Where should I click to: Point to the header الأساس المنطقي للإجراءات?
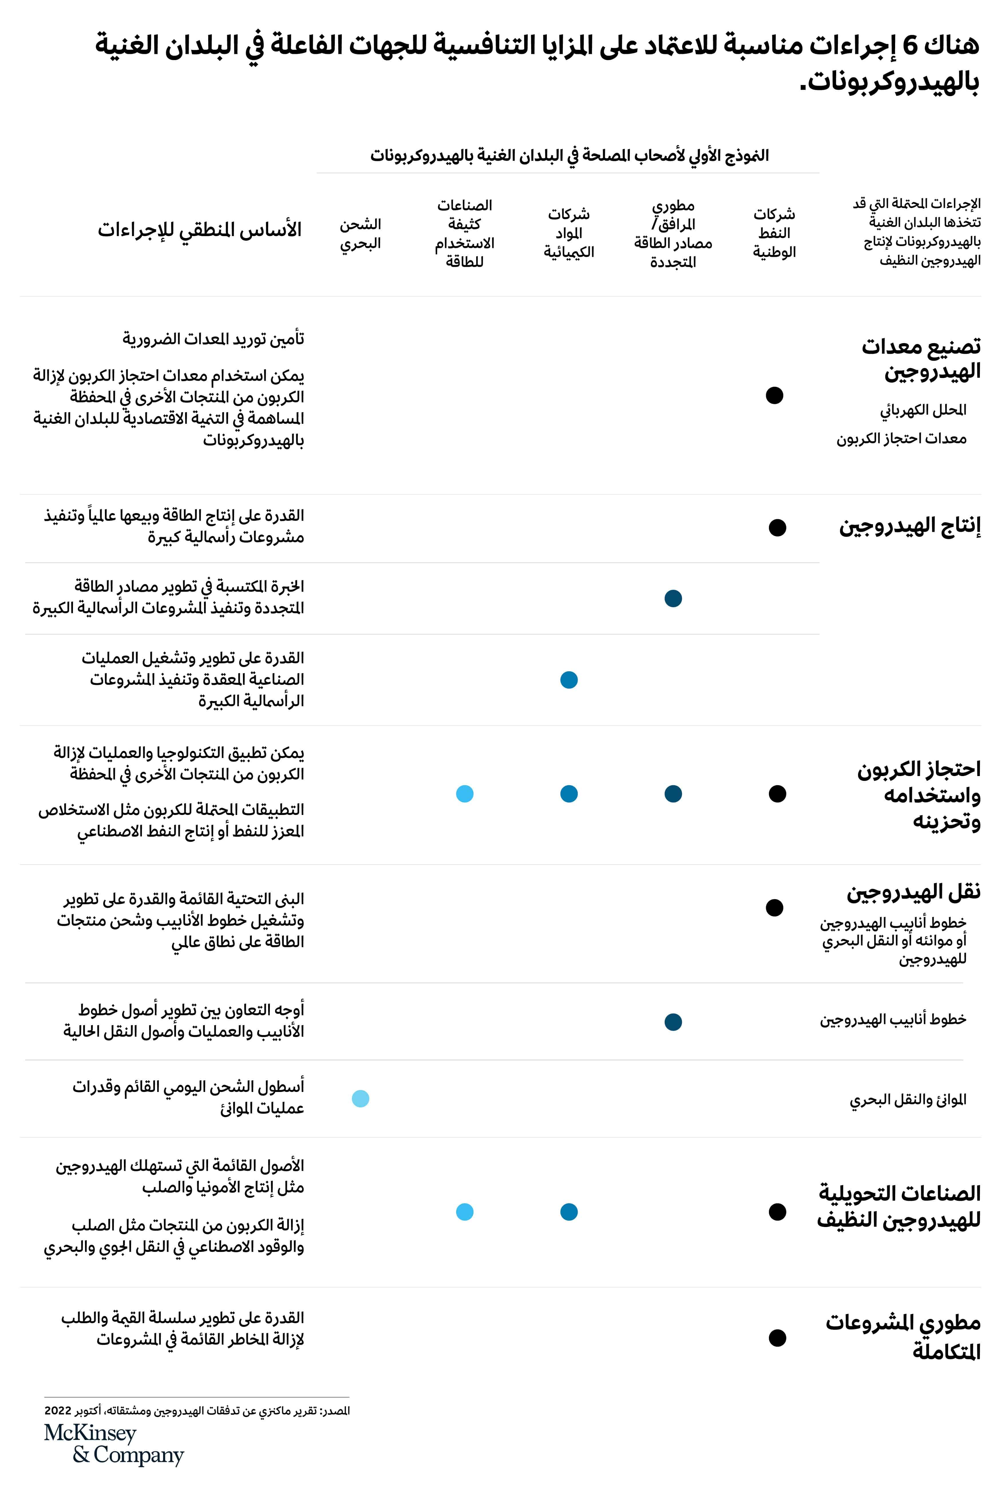coord(199,229)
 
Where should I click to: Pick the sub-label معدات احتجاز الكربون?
coord(901,438)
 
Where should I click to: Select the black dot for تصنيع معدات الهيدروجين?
coord(774,395)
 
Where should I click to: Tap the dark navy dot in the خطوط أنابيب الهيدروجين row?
coord(673,1022)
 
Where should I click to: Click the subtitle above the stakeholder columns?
coord(569,155)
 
